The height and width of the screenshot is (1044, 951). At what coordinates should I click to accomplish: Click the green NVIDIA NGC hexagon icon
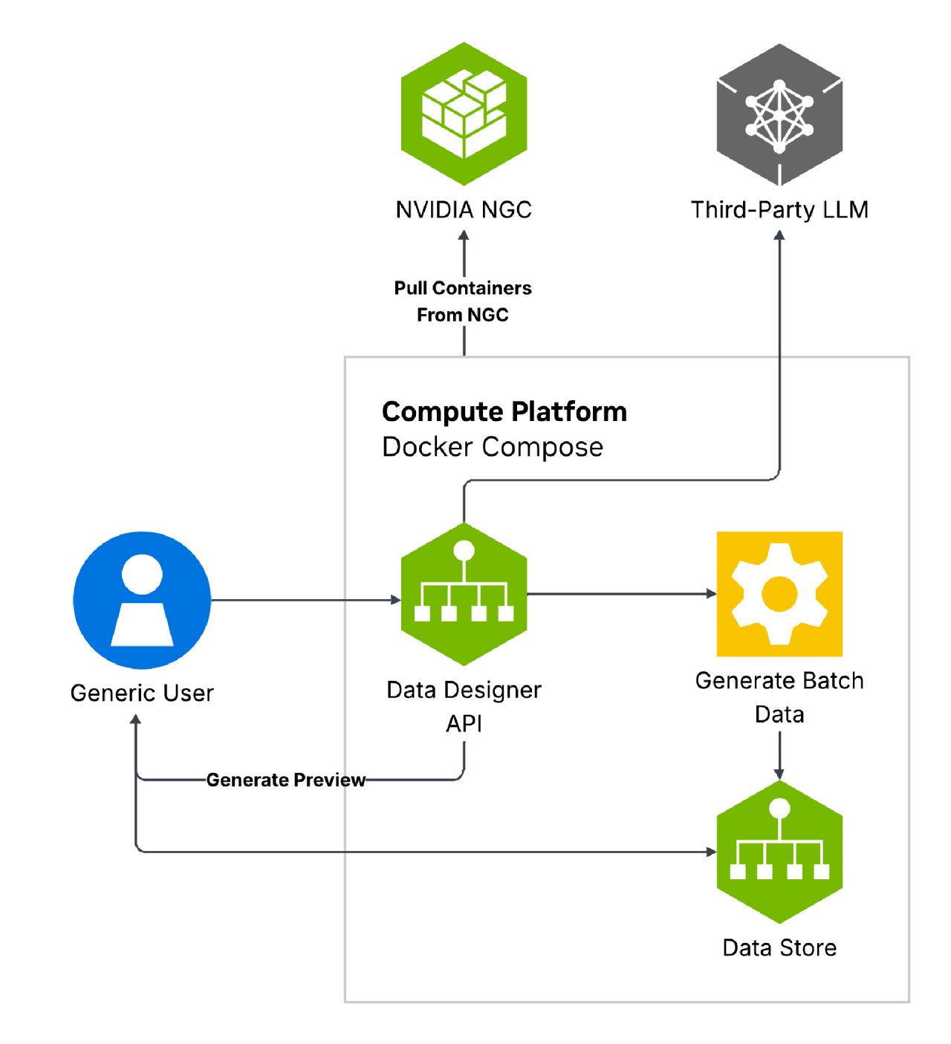coord(464,114)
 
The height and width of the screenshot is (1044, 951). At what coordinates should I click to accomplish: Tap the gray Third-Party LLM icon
coord(779,114)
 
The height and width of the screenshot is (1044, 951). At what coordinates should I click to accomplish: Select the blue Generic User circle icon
coord(142,600)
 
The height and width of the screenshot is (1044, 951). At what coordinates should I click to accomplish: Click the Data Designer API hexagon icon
coord(464,594)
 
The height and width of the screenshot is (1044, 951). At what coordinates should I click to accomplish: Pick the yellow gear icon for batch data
coord(779,594)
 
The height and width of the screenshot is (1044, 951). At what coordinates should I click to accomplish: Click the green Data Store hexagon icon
coord(779,852)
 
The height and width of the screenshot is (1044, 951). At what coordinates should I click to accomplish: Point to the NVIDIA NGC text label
coord(464,210)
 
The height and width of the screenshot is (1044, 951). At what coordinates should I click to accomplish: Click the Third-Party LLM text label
coord(779,210)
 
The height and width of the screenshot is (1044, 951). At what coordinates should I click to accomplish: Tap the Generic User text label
coord(142,693)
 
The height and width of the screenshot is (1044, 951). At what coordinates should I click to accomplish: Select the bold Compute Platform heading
coord(504,411)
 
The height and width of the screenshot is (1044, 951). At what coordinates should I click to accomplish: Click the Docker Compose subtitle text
coord(492,447)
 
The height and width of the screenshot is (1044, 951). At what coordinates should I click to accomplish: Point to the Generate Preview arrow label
coord(286,780)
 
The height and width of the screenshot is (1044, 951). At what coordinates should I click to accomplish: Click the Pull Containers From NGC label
coord(463,301)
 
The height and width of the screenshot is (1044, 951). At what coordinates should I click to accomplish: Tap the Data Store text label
coord(779,947)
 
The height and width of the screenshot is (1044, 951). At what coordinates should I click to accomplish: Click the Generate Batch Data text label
coord(779,697)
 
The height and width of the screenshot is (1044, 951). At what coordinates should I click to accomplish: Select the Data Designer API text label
coord(464,706)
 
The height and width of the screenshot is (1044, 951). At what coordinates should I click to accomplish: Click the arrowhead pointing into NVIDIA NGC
coord(464,236)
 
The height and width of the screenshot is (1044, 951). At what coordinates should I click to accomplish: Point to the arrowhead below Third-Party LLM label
coord(779,235)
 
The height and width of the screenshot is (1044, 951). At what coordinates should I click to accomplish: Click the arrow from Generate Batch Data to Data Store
coord(779,756)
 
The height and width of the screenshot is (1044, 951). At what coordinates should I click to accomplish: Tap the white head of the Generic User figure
coord(142,574)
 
